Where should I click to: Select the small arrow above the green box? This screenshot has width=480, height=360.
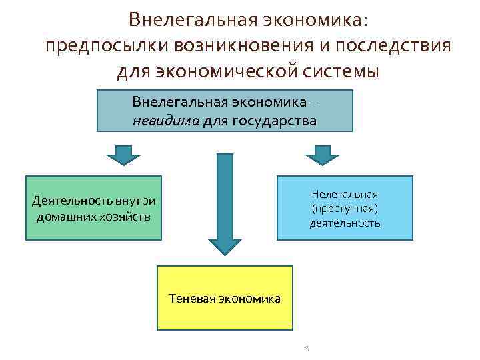(x=123, y=155)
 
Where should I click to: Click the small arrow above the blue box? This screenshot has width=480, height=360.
(x=322, y=155)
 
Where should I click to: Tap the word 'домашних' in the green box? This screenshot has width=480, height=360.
(x=66, y=217)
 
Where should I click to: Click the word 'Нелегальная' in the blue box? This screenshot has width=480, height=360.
(x=344, y=194)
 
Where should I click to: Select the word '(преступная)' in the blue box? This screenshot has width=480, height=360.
(x=344, y=208)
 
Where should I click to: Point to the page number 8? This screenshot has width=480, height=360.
(x=306, y=349)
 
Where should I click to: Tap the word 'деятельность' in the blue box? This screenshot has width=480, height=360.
(x=344, y=223)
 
